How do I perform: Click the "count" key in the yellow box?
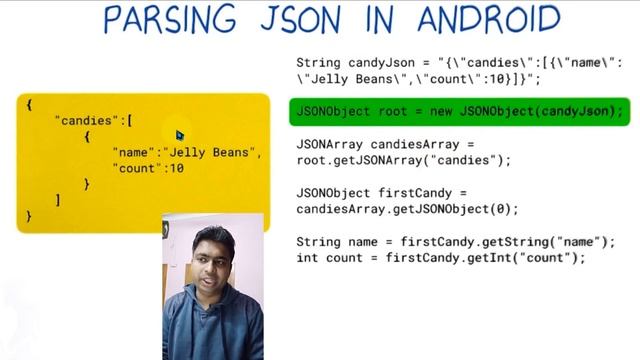(136, 168)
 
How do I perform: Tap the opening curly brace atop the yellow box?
(30, 104)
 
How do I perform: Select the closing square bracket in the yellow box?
(58, 200)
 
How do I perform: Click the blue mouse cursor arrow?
(180, 134)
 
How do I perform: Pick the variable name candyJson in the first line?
(381, 61)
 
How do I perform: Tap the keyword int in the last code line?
(308, 258)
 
